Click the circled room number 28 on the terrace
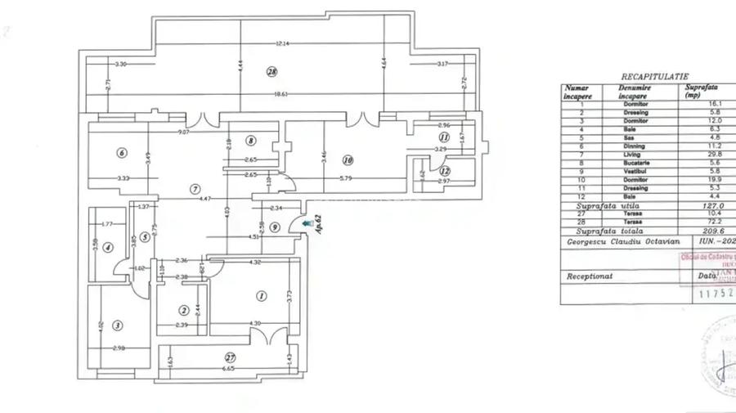tap(272, 72)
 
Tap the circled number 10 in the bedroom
tap(347, 160)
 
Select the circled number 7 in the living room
tap(195, 190)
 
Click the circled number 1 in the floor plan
tap(262, 296)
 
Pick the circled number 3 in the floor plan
tap(118, 325)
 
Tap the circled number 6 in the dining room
tap(121, 152)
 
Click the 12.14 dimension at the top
tap(282, 43)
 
